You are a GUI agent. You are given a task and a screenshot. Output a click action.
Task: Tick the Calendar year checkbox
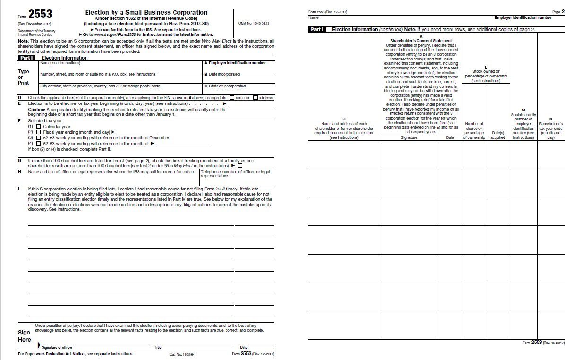[x=38, y=127]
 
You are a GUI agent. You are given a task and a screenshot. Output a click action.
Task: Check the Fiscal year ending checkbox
[x=38, y=132]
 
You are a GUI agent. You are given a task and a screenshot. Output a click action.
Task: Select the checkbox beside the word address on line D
[x=255, y=98]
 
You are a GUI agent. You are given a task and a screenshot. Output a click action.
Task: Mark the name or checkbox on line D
[x=232, y=98]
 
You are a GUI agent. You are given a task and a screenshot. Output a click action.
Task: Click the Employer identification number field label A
[x=235, y=63]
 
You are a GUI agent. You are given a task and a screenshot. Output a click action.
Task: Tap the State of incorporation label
[x=225, y=86]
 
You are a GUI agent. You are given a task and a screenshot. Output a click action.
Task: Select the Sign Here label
[x=24, y=336]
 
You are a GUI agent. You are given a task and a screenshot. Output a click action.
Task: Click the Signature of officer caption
[x=57, y=347]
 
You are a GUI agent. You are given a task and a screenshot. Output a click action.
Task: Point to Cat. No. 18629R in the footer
[x=182, y=354]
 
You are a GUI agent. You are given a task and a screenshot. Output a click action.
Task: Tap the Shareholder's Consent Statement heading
[x=421, y=41]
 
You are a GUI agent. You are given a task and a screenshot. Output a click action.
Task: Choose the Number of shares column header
[x=474, y=131]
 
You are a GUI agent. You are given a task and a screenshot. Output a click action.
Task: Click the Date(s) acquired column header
[x=498, y=136]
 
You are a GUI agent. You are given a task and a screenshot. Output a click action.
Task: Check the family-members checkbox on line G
[x=240, y=166]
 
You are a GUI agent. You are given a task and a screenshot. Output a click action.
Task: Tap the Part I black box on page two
[x=317, y=29]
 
